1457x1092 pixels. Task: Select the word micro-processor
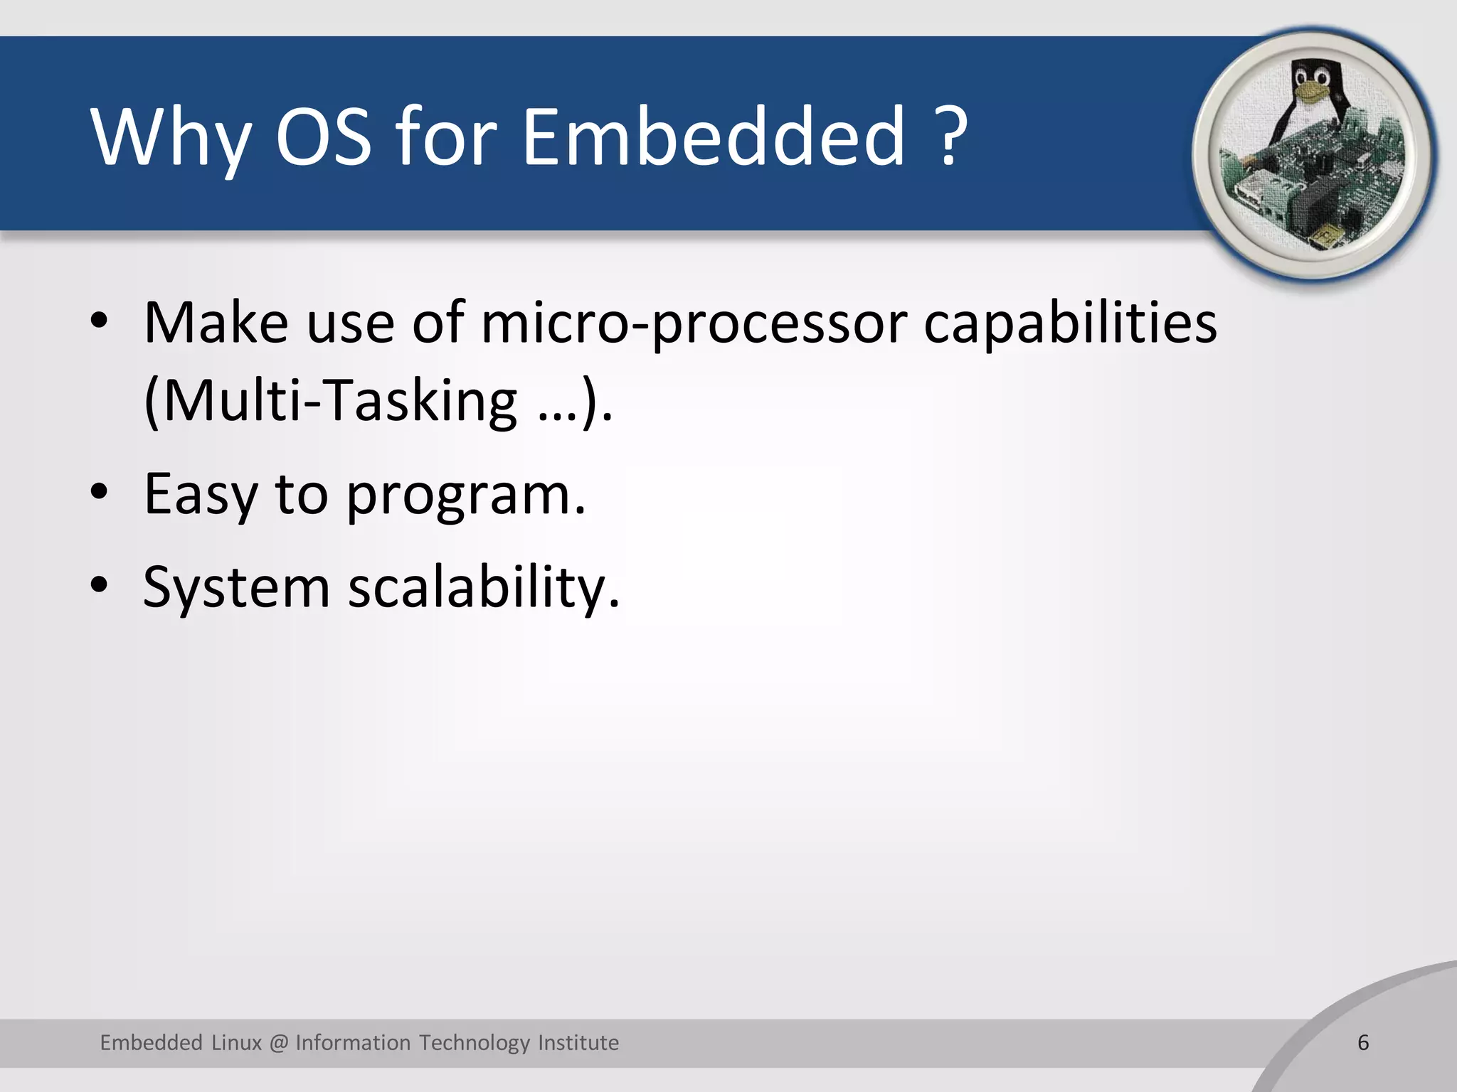694,324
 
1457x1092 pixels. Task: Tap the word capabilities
1070,324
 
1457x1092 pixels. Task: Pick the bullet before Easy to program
100,492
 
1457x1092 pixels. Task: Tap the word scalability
484,587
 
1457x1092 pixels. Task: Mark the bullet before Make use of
100,321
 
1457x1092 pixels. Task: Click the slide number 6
1363,1042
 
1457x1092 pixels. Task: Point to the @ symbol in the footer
279,1043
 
